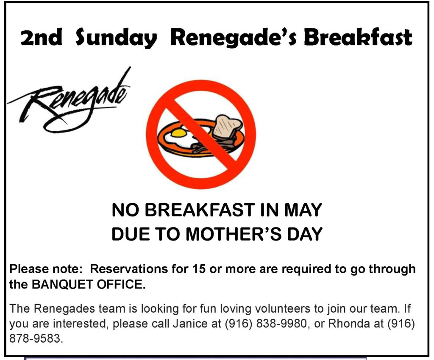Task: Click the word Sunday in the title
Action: click(x=116, y=38)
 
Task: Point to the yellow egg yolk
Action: click(x=179, y=133)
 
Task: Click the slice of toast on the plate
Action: click(x=227, y=127)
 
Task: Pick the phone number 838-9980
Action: click(x=282, y=323)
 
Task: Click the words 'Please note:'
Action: click(x=46, y=269)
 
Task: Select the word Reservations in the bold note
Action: click(x=129, y=269)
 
